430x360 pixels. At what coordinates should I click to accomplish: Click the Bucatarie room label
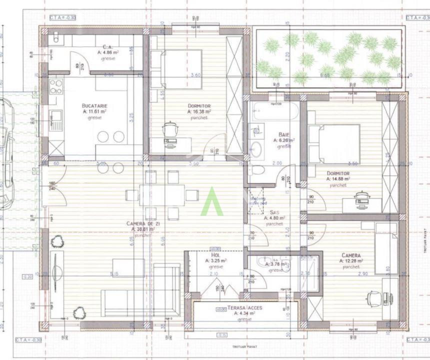(x=94, y=106)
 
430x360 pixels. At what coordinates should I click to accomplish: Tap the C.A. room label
(x=107, y=46)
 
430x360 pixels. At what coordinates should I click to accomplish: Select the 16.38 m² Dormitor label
(x=199, y=106)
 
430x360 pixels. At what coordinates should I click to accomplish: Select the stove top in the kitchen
(x=56, y=86)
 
